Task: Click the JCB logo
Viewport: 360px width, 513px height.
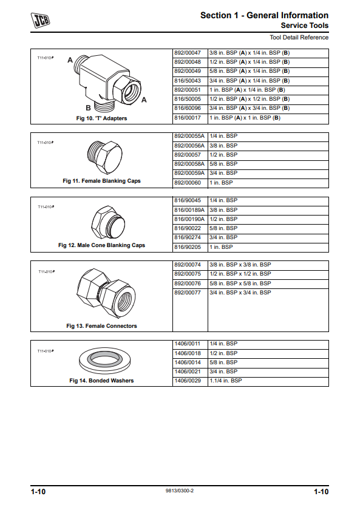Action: pos(40,20)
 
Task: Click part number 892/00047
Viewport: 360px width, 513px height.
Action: pos(188,53)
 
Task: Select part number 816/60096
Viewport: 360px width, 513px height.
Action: pos(188,108)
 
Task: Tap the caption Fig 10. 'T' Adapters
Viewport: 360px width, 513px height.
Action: pos(101,118)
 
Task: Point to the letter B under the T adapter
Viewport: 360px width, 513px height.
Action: pos(89,107)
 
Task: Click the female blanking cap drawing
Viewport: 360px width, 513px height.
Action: pos(105,158)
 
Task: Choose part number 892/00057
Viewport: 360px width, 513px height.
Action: pos(188,155)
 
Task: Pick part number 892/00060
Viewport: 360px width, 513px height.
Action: pos(188,183)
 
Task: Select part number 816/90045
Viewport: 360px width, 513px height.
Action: pos(188,200)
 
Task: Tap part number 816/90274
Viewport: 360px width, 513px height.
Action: pos(188,237)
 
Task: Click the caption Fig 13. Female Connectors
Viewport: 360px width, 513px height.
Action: pos(101,326)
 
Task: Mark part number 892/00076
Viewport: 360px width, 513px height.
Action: pos(188,284)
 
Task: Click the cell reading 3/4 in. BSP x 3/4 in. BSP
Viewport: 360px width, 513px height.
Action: pos(240,293)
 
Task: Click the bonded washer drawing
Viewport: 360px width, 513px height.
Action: pos(105,361)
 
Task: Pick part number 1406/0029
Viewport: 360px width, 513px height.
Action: pos(188,381)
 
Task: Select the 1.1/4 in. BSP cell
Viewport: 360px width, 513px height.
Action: pos(225,381)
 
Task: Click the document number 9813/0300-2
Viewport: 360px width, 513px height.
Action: pos(180,491)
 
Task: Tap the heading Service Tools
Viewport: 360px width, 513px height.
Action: pos(305,25)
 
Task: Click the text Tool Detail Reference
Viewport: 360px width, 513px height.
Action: pos(299,38)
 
